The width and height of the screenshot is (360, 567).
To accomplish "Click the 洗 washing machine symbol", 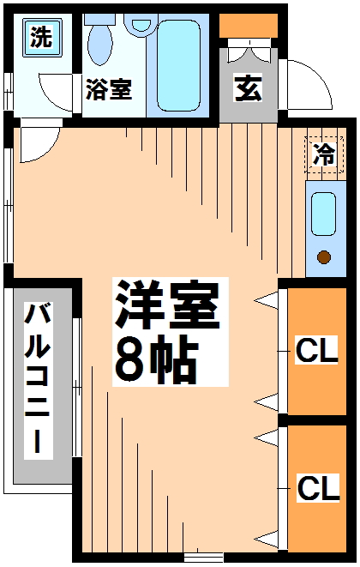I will (x=41, y=37).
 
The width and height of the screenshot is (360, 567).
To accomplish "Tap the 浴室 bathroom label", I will (x=108, y=90).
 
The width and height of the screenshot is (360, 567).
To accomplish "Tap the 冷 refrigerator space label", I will (x=323, y=155).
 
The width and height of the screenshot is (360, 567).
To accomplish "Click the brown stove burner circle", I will (x=324, y=256).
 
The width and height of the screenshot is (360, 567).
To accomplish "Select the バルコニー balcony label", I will (x=36, y=378).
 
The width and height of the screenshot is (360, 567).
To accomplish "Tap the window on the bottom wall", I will (x=204, y=555).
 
